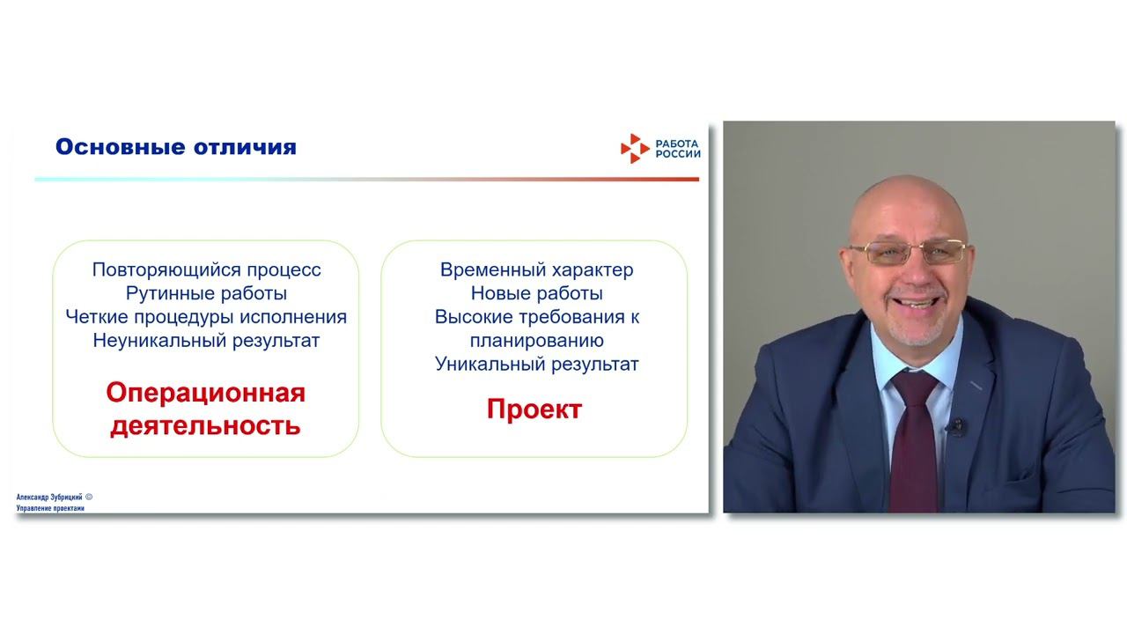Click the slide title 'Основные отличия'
175,147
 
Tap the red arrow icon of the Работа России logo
634,149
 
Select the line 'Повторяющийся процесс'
206,269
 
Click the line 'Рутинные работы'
206,293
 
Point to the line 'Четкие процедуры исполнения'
206,317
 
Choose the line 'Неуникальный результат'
206,341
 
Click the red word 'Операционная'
206,393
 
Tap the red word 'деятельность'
206,426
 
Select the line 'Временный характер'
536,269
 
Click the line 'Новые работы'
536,293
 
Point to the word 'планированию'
536,341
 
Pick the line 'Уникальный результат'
536,364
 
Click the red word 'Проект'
534,409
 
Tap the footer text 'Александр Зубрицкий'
49,498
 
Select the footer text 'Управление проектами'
50,509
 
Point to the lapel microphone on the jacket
958,427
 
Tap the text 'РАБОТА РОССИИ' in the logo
678,148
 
